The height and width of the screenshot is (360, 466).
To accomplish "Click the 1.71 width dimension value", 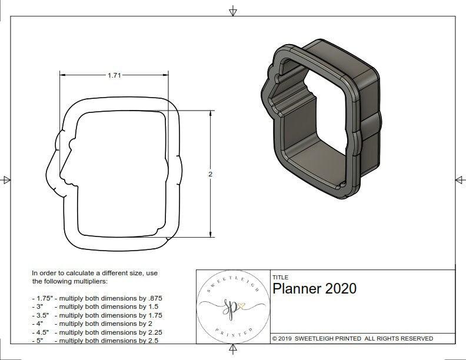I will (115, 75).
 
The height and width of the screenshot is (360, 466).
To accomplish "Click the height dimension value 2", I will (210, 174).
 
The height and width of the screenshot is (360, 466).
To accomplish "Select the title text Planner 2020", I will (314, 289).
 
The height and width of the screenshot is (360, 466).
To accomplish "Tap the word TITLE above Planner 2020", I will (280, 277).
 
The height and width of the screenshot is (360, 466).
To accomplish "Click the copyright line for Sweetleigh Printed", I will (352, 338).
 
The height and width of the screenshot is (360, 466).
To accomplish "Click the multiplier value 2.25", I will (151, 332).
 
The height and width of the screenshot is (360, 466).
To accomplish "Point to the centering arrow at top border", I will (233, 11).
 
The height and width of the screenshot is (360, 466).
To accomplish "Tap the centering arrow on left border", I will (6, 180).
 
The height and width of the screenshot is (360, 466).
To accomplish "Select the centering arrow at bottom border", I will (233, 351).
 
